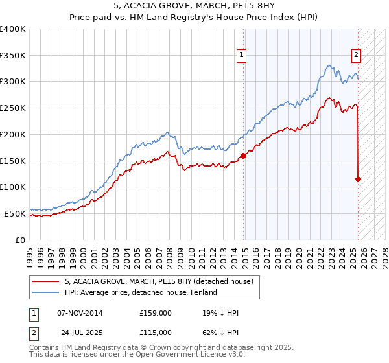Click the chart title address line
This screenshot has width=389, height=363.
(194, 7)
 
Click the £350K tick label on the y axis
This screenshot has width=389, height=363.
(13, 55)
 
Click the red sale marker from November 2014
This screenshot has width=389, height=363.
(244, 156)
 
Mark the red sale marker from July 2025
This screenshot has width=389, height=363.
(358, 179)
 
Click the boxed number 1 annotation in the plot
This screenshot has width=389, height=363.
(241, 55)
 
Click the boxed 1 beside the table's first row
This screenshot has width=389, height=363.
(33, 314)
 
